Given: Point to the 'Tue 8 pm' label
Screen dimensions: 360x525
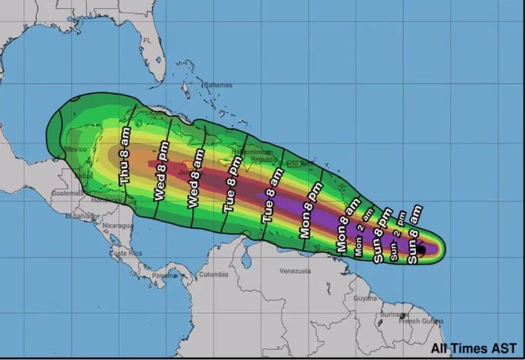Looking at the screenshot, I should pos(230,189).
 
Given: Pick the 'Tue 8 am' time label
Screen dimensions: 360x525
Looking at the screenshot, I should pos(270,196).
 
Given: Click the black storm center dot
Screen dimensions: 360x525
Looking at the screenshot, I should pos(420,250).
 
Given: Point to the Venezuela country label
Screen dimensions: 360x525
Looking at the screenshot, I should pos(295,271).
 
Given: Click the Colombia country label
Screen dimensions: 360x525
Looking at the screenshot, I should pos(213,274).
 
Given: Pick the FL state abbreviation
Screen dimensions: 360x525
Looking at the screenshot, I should pos(147,40).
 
